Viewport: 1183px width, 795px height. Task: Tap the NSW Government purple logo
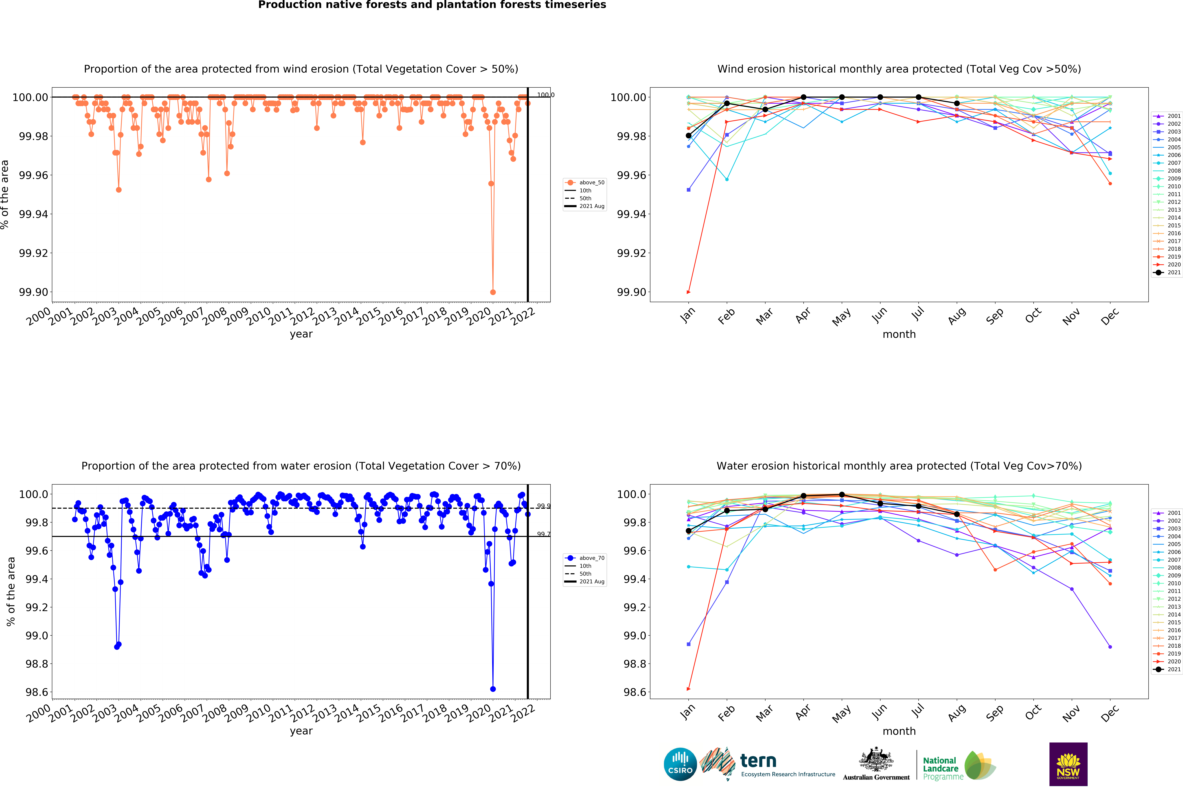(1068, 764)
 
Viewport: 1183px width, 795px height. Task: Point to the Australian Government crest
(876, 759)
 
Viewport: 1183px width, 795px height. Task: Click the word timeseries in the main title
(568, 5)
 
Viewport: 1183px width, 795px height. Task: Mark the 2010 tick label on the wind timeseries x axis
(259, 316)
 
